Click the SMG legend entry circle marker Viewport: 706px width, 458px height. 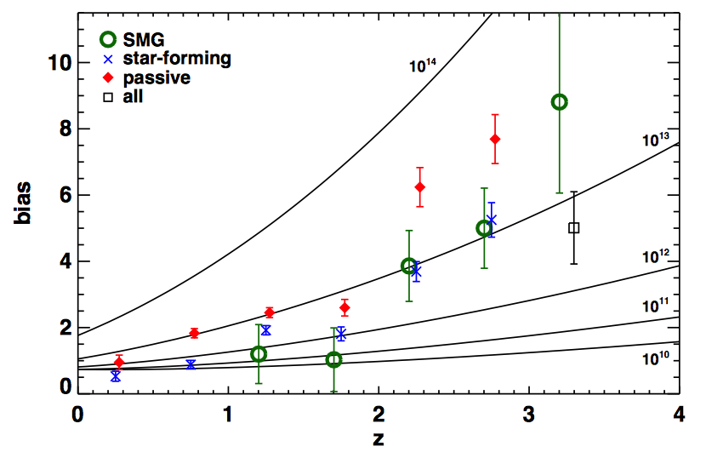[x=108, y=38]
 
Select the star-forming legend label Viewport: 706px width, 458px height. [x=177, y=59]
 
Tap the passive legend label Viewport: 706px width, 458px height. [x=157, y=77]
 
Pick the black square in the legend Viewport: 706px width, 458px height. [x=108, y=97]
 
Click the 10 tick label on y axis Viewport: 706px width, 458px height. [x=59, y=63]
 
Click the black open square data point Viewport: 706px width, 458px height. [x=573, y=228]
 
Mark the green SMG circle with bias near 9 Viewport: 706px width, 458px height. [x=559, y=102]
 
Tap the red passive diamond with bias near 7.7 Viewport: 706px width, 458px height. [x=495, y=139]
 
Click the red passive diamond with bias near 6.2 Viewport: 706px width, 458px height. [x=419, y=187]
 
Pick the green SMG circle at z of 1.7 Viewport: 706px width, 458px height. [x=333, y=360]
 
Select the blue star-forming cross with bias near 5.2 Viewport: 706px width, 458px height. [x=491, y=220]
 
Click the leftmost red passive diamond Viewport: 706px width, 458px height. [x=119, y=363]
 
